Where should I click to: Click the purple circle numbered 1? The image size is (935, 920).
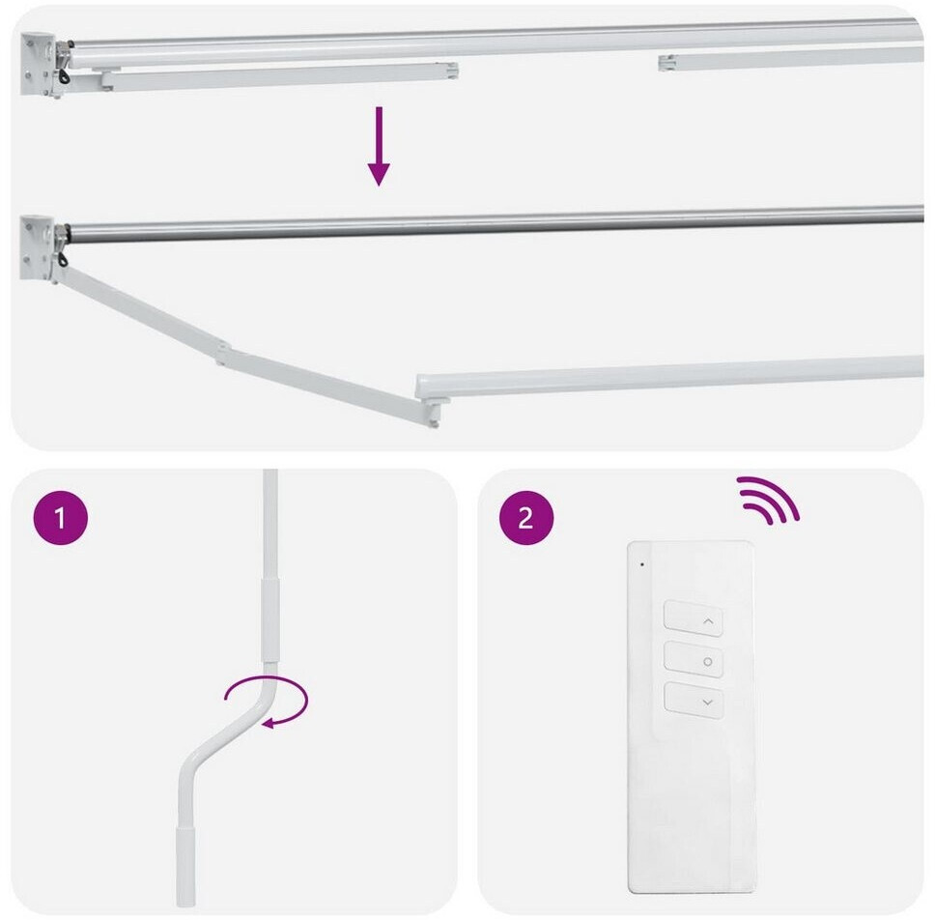[x=60, y=517]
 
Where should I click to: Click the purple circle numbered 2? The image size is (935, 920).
[x=525, y=517]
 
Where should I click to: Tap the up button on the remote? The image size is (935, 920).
[x=694, y=618]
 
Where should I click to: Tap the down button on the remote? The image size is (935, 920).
[x=694, y=700]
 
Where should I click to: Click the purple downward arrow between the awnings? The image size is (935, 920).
[x=379, y=146]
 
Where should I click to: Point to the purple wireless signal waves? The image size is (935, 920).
[x=768, y=500]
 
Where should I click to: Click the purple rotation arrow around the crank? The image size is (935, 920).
[x=267, y=702]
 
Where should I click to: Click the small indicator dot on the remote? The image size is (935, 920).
[x=642, y=563]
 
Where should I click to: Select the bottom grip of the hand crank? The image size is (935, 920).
[x=186, y=866]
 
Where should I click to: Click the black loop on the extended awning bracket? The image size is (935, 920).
[x=62, y=260]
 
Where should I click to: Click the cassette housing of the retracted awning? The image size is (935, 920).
[x=495, y=42]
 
